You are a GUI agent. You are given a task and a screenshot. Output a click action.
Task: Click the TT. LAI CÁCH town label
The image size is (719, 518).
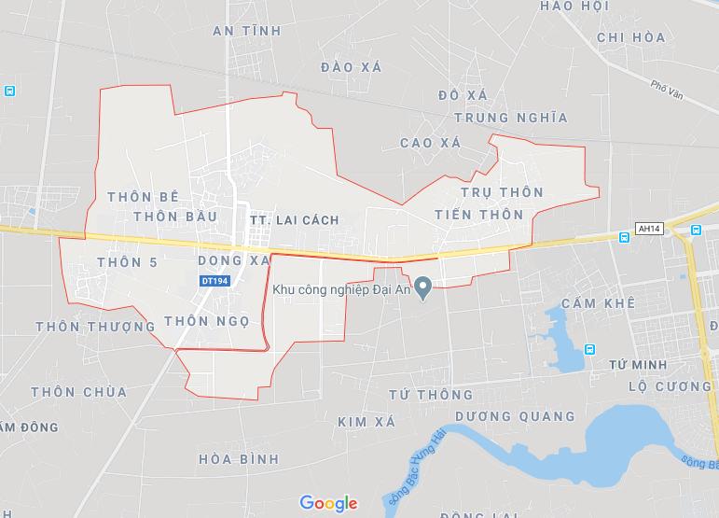pos(294,219)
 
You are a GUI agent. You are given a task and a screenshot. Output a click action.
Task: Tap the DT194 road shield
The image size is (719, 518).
pos(214,280)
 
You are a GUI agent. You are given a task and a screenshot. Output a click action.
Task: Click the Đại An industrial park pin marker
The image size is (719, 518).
pos(422,287)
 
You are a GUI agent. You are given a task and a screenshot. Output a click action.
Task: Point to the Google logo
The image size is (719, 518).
pos(328,504)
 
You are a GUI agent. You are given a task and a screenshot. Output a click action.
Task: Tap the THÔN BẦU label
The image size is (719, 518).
pos(175,217)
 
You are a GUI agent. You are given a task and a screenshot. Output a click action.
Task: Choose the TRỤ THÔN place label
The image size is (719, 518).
pos(502,192)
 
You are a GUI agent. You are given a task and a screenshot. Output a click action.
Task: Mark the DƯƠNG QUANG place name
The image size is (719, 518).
pos(516,416)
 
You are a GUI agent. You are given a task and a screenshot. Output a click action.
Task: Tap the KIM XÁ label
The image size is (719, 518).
pos(366,422)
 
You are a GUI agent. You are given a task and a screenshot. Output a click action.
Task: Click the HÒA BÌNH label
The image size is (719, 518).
pos(240,459)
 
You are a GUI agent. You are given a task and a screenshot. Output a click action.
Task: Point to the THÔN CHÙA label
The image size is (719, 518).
pos(78,392)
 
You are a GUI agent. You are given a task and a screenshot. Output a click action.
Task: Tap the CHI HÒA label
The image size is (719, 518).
pos(630,37)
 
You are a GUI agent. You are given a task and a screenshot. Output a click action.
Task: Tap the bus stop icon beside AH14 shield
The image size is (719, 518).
pos(623,237)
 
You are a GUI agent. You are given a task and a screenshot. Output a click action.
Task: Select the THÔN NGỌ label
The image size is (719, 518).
pos(206,321)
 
